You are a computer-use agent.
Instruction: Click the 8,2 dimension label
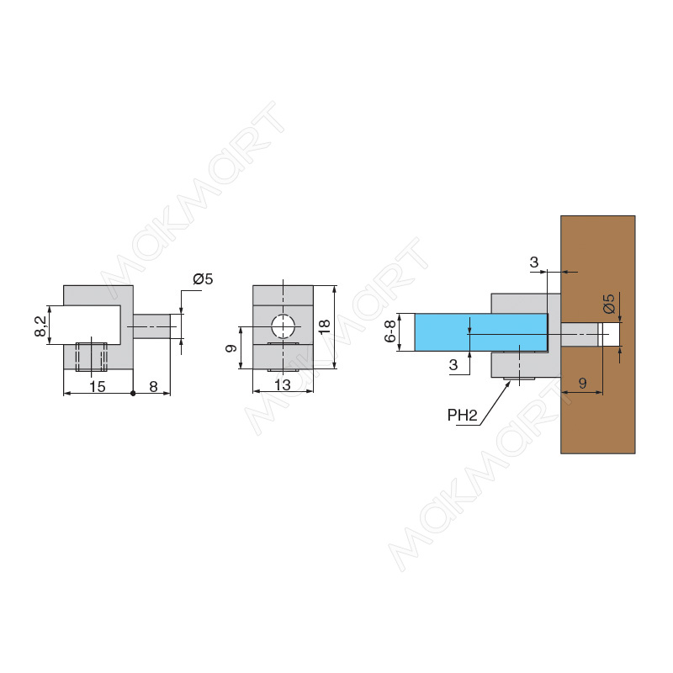point(41,326)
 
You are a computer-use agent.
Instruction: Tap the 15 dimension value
point(98,387)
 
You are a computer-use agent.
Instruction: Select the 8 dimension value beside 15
point(153,387)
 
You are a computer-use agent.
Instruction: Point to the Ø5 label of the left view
point(203,279)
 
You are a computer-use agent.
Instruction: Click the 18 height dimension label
point(325,326)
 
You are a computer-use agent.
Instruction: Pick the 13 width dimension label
point(283,385)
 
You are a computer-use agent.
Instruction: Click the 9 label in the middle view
point(231,348)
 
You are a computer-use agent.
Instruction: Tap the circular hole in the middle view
point(283,326)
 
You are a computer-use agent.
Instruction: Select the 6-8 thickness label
point(390,331)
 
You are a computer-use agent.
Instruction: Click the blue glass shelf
point(480,332)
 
